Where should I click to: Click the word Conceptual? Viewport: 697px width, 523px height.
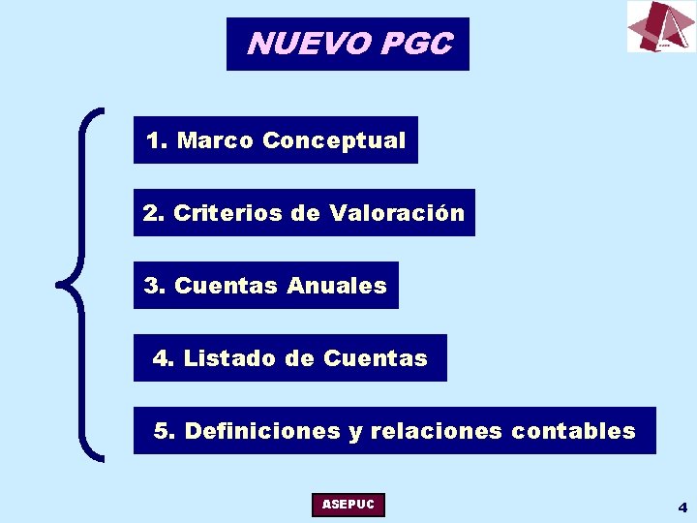[334, 140]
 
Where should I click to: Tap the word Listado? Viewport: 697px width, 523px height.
[229, 358]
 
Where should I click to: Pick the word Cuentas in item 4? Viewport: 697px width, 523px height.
[375, 358]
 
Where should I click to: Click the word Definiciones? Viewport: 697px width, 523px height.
[262, 431]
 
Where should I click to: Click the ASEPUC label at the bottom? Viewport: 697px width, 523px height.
[348, 505]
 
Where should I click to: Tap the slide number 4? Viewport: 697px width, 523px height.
[682, 507]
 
